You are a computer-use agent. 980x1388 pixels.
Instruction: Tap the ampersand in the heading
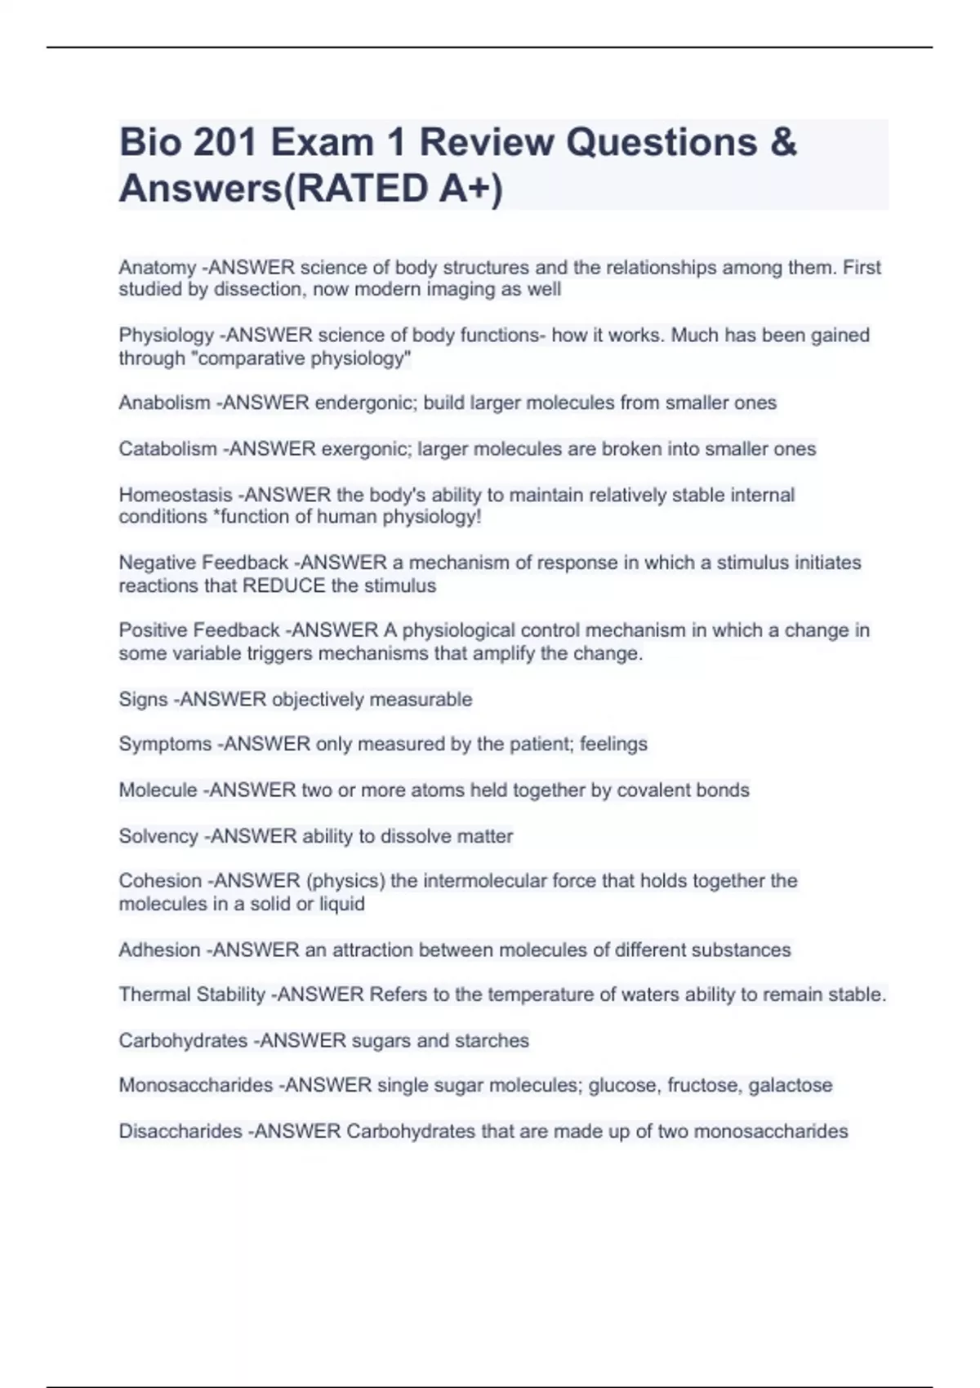click(783, 143)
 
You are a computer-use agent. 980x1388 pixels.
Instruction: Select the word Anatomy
click(157, 268)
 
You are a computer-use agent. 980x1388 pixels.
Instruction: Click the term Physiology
click(166, 336)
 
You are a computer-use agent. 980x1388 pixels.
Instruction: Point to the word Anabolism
click(164, 403)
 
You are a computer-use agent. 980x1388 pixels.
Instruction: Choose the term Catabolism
click(167, 449)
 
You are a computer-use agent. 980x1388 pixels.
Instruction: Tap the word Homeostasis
click(175, 495)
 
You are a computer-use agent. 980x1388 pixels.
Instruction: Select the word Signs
click(143, 700)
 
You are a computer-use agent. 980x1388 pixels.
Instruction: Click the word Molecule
click(158, 790)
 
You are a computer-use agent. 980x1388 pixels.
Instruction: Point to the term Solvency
click(158, 837)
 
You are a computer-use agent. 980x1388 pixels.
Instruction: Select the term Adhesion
click(159, 950)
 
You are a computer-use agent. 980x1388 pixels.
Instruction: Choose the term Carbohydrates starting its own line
click(183, 1041)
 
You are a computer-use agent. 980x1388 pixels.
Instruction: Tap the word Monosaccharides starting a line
click(195, 1086)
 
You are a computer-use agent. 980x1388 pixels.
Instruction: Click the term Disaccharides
click(180, 1132)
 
